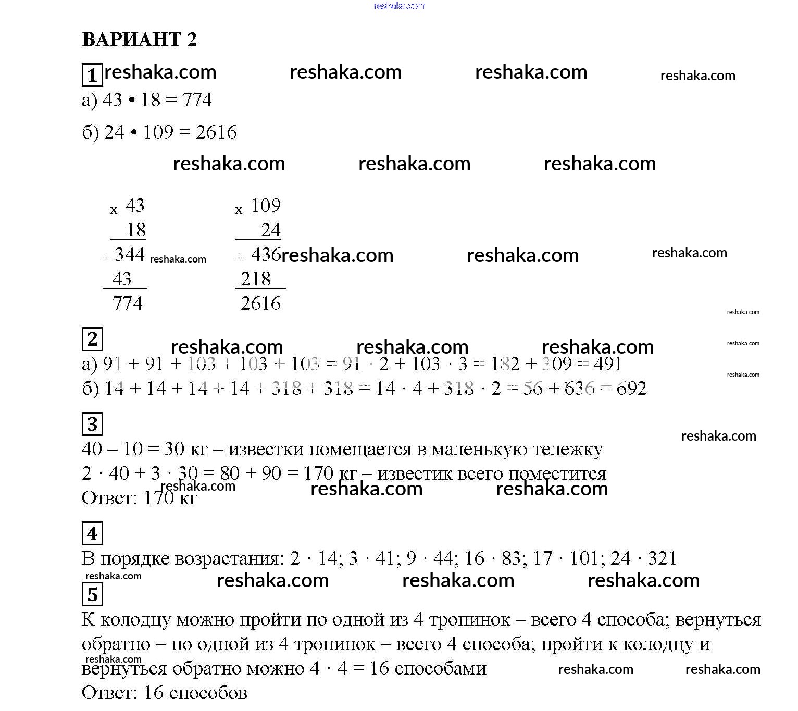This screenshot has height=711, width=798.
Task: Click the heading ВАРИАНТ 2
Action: click(x=140, y=40)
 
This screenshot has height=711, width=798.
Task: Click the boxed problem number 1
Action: click(x=92, y=75)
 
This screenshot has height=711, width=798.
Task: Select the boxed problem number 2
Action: click(x=92, y=339)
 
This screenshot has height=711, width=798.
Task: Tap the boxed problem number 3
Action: click(x=92, y=424)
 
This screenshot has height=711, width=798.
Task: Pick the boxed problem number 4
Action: click(x=92, y=533)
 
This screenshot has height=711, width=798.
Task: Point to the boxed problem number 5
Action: click(x=92, y=594)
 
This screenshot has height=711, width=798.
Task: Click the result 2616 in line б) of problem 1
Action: click(x=216, y=132)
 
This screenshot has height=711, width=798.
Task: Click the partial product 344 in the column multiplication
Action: click(x=129, y=255)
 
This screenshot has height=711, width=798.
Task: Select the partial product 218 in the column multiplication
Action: click(x=255, y=279)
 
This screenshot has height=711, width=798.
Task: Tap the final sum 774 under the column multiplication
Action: click(x=127, y=303)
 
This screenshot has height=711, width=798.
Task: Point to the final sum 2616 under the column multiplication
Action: click(x=260, y=303)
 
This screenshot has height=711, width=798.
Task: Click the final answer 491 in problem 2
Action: click(x=607, y=364)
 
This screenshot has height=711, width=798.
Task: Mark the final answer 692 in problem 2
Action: click(x=631, y=388)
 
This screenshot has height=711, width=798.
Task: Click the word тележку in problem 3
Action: click(x=569, y=449)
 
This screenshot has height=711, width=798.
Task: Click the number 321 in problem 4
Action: click(x=662, y=558)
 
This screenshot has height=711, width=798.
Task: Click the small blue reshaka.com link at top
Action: click(x=400, y=6)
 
